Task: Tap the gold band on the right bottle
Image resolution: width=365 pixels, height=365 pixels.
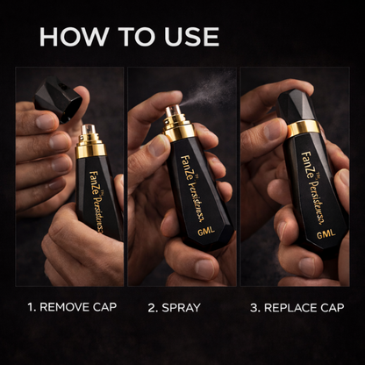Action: click(x=304, y=128)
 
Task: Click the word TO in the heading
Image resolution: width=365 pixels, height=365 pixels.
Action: click(x=130, y=36)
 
